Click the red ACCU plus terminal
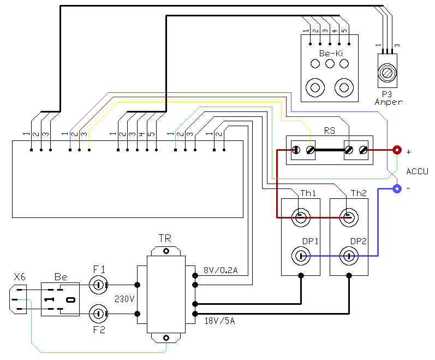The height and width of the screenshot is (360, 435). click(x=397, y=150)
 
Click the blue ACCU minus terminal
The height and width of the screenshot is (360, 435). click(x=397, y=189)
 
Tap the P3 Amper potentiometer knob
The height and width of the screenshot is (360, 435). click(x=388, y=73)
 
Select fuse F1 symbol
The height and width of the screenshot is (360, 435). click(x=98, y=285)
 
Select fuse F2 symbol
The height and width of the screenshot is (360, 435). click(x=98, y=314)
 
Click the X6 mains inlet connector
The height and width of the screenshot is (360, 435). click(x=18, y=299)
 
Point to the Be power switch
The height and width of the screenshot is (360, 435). click(x=60, y=299)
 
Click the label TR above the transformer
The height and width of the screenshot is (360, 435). click(x=165, y=238)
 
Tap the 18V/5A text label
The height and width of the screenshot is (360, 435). click(x=220, y=321)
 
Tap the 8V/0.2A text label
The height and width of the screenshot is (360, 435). click(x=221, y=270)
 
